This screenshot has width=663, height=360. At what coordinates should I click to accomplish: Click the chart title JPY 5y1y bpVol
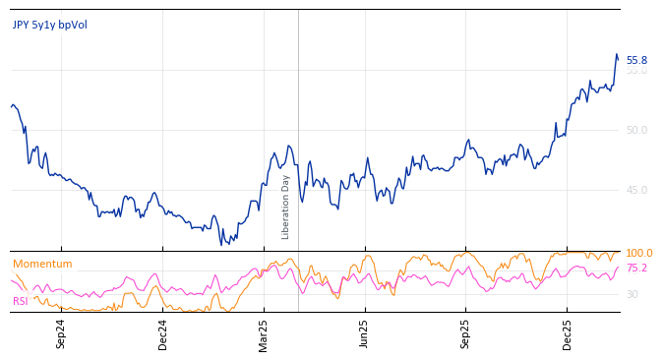click(x=49, y=25)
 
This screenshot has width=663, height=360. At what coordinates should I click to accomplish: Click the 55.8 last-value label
click(x=636, y=60)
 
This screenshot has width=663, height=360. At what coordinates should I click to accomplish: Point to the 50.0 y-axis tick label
click(x=636, y=130)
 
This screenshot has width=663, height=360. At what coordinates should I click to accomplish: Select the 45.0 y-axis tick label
click(x=636, y=190)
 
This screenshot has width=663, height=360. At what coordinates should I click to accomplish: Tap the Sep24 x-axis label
click(x=61, y=333)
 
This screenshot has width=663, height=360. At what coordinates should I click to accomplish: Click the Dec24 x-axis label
click(x=163, y=333)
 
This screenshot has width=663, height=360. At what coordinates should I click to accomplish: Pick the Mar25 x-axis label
click(x=264, y=333)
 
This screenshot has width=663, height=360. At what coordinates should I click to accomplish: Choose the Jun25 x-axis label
click(x=365, y=333)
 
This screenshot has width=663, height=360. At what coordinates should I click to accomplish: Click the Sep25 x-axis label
click(x=466, y=333)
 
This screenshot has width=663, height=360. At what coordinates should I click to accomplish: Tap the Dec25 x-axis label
click(x=567, y=333)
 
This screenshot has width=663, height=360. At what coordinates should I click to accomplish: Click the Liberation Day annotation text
click(x=286, y=207)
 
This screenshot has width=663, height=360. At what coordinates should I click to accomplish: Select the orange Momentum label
click(x=42, y=264)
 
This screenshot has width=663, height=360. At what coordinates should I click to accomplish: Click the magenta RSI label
click(x=20, y=301)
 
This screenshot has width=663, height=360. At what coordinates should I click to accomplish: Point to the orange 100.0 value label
click(x=638, y=253)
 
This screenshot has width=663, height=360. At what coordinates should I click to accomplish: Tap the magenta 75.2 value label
click(x=636, y=268)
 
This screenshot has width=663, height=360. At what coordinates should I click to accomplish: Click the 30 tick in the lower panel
click(x=632, y=294)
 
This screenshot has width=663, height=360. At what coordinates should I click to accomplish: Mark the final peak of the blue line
click(x=616, y=54)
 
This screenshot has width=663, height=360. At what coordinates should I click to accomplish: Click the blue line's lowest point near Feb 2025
click(x=223, y=243)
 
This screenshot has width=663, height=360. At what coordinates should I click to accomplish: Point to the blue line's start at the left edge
click(x=12, y=105)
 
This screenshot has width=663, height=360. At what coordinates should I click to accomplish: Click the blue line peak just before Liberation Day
click(x=288, y=146)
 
